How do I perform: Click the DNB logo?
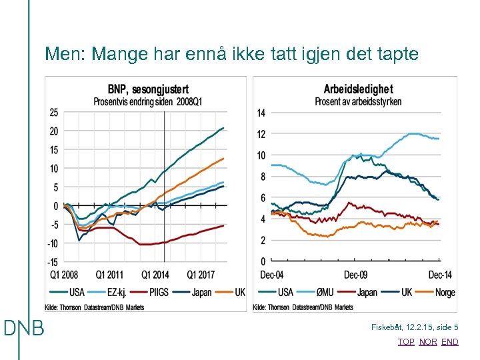(x=23, y=328)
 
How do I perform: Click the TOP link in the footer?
(x=405, y=342)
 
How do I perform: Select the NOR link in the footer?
(x=428, y=342)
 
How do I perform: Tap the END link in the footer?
(x=450, y=342)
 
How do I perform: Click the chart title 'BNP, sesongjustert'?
(x=148, y=89)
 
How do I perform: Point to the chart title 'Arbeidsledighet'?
(x=358, y=89)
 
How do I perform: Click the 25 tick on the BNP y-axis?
(x=53, y=112)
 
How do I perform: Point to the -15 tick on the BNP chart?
(x=52, y=262)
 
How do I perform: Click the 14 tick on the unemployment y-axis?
(x=261, y=113)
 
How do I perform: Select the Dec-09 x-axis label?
(x=355, y=275)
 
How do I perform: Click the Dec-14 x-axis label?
(x=440, y=275)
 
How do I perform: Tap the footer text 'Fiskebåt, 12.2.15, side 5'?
(x=415, y=327)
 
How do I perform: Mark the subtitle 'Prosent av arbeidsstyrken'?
(x=358, y=102)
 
